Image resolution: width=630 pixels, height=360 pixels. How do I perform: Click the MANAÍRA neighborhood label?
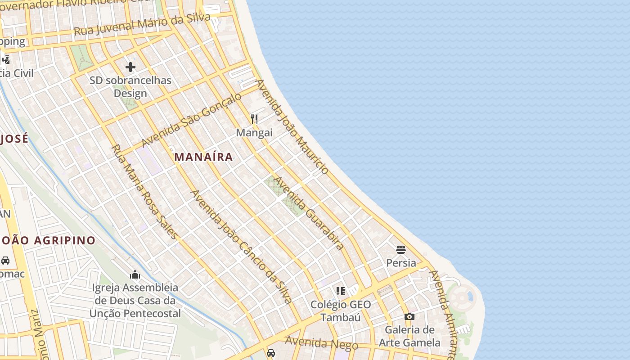pyautogui.click(x=204, y=157)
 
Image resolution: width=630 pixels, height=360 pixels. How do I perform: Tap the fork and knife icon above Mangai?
pyautogui.click(x=254, y=119)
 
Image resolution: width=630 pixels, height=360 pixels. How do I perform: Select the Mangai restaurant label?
pyautogui.click(x=254, y=133)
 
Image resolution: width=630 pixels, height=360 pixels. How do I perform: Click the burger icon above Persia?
pyautogui.click(x=401, y=249)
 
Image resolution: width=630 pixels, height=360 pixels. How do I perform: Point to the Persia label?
pyautogui.click(x=401, y=262)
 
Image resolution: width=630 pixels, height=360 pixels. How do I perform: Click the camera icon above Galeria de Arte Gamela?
pyautogui.click(x=409, y=317)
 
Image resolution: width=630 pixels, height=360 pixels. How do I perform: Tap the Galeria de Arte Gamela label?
pyautogui.click(x=409, y=336)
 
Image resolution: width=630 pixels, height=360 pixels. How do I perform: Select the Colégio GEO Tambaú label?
pyautogui.click(x=341, y=311)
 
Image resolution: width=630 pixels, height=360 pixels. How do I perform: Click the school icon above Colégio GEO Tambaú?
pyautogui.click(x=341, y=291)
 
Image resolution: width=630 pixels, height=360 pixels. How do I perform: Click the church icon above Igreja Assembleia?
pyautogui.click(x=135, y=274)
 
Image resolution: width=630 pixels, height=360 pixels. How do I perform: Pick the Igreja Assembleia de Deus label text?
pyautogui.click(x=135, y=300)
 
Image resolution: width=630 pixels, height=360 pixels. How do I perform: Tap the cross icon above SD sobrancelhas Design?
pyautogui.click(x=130, y=67)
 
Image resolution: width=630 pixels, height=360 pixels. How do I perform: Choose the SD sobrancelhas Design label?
pyautogui.click(x=130, y=87)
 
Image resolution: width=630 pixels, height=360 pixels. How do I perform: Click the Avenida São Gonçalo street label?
pyautogui.click(x=191, y=120)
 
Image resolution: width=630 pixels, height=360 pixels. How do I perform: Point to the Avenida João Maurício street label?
pyautogui.click(x=292, y=127)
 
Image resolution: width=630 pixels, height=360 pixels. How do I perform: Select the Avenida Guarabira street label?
pyautogui.click(x=309, y=213)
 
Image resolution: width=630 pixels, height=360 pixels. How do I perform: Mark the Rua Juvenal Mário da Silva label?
pyautogui.click(x=142, y=25)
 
